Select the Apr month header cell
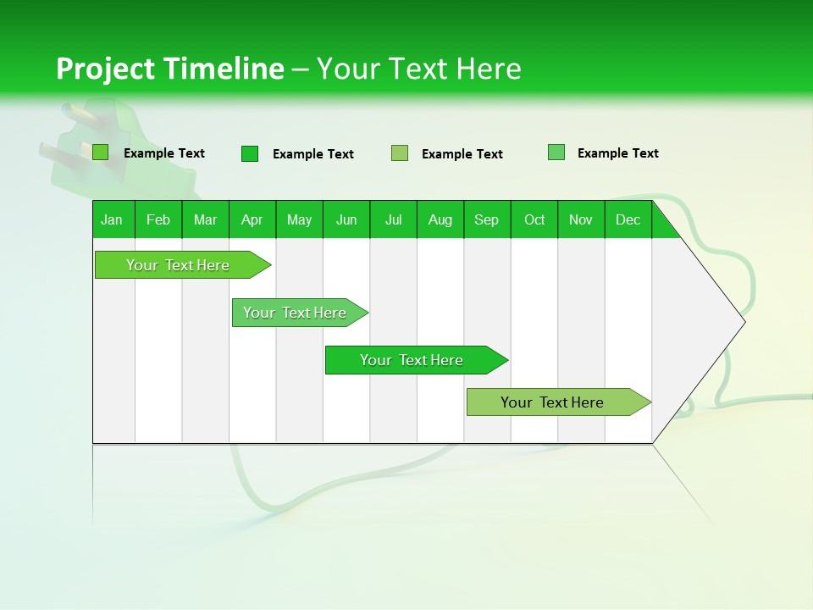click(252, 219)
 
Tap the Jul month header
click(393, 219)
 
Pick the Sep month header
click(487, 219)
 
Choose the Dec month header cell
click(628, 219)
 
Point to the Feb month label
click(158, 219)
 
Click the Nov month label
click(581, 219)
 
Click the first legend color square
click(101, 152)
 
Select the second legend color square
click(250, 153)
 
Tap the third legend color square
click(400, 153)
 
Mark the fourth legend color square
click(556, 152)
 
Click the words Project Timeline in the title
click(169, 69)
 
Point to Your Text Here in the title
click(418, 69)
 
